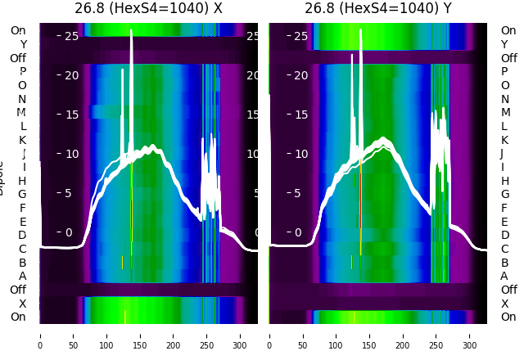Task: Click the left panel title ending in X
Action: point(149,9)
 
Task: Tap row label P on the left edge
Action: point(23,72)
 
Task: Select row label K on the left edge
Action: point(23,140)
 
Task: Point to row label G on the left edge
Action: point(23,194)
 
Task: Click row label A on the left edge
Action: point(23,276)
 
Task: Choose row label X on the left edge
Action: point(23,304)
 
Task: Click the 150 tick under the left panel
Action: point(140,335)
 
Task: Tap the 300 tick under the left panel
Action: point(240,335)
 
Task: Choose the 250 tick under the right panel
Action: point(436,335)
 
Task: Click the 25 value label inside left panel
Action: point(70,36)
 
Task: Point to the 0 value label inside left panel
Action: point(70,232)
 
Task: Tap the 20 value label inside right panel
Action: point(300,75)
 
